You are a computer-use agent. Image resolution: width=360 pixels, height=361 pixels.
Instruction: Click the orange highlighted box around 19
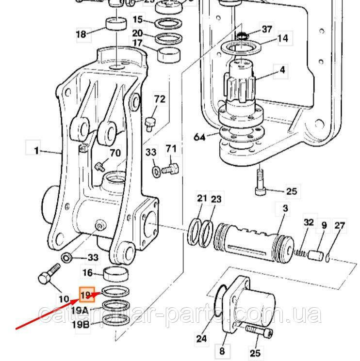click(x=86, y=295)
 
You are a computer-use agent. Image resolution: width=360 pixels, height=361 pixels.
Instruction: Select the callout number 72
click(x=160, y=100)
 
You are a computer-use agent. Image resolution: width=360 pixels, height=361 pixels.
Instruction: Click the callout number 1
click(x=36, y=151)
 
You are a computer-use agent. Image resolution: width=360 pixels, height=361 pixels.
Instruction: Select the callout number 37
click(x=266, y=30)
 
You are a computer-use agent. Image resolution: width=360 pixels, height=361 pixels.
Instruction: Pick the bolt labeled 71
click(x=170, y=169)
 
